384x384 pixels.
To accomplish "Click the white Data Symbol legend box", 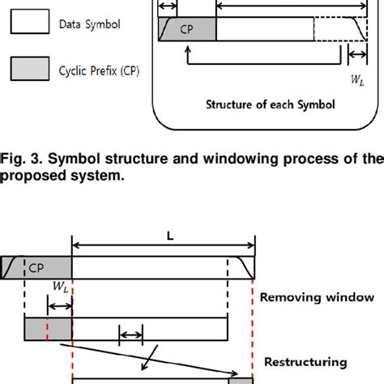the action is coord(30,21).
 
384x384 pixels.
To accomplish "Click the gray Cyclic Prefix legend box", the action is coord(30,69).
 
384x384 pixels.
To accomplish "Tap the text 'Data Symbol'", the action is coord(90,24).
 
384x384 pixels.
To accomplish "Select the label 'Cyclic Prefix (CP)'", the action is coord(99,71).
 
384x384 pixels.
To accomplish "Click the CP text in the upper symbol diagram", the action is coord(186,29).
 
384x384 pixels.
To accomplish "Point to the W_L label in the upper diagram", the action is coord(357,80).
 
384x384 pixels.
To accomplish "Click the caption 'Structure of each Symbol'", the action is coord(271,105).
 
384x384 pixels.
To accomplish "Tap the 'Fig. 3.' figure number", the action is coord(21,159).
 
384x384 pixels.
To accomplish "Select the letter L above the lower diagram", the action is coord(170,237).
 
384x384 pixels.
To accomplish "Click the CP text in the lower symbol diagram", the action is coord(36,268).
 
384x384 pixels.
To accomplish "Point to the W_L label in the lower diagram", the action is coord(60,287).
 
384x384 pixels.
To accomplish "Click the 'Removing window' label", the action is coord(317,297).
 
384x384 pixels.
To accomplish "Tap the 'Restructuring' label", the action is coord(305,362).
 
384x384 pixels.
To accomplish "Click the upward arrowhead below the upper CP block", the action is coord(188,49).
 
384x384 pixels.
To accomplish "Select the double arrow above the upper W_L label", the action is coord(357,54).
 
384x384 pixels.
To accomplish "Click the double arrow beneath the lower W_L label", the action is coord(60,306).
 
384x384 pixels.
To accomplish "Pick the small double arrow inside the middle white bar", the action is coord(130,335).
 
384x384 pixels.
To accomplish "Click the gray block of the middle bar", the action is coord(49,329).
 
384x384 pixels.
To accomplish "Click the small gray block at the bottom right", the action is coord(241,381).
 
